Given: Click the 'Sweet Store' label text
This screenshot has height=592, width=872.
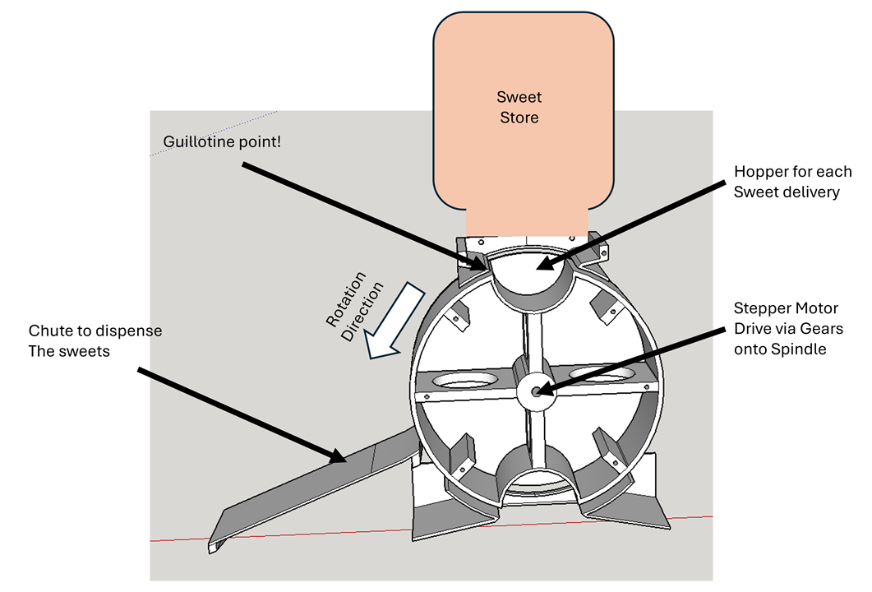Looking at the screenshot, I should tap(519, 108).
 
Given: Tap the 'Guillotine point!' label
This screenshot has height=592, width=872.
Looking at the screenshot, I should tap(222, 141).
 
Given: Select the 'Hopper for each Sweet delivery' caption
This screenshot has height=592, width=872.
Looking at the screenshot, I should tap(792, 182).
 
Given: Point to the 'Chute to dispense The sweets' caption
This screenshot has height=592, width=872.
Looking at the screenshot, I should tap(95, 340).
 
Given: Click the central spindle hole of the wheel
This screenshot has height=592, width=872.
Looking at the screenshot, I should tap(536, 392).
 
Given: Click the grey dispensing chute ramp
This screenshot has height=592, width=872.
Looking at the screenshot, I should tap(329, 485).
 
